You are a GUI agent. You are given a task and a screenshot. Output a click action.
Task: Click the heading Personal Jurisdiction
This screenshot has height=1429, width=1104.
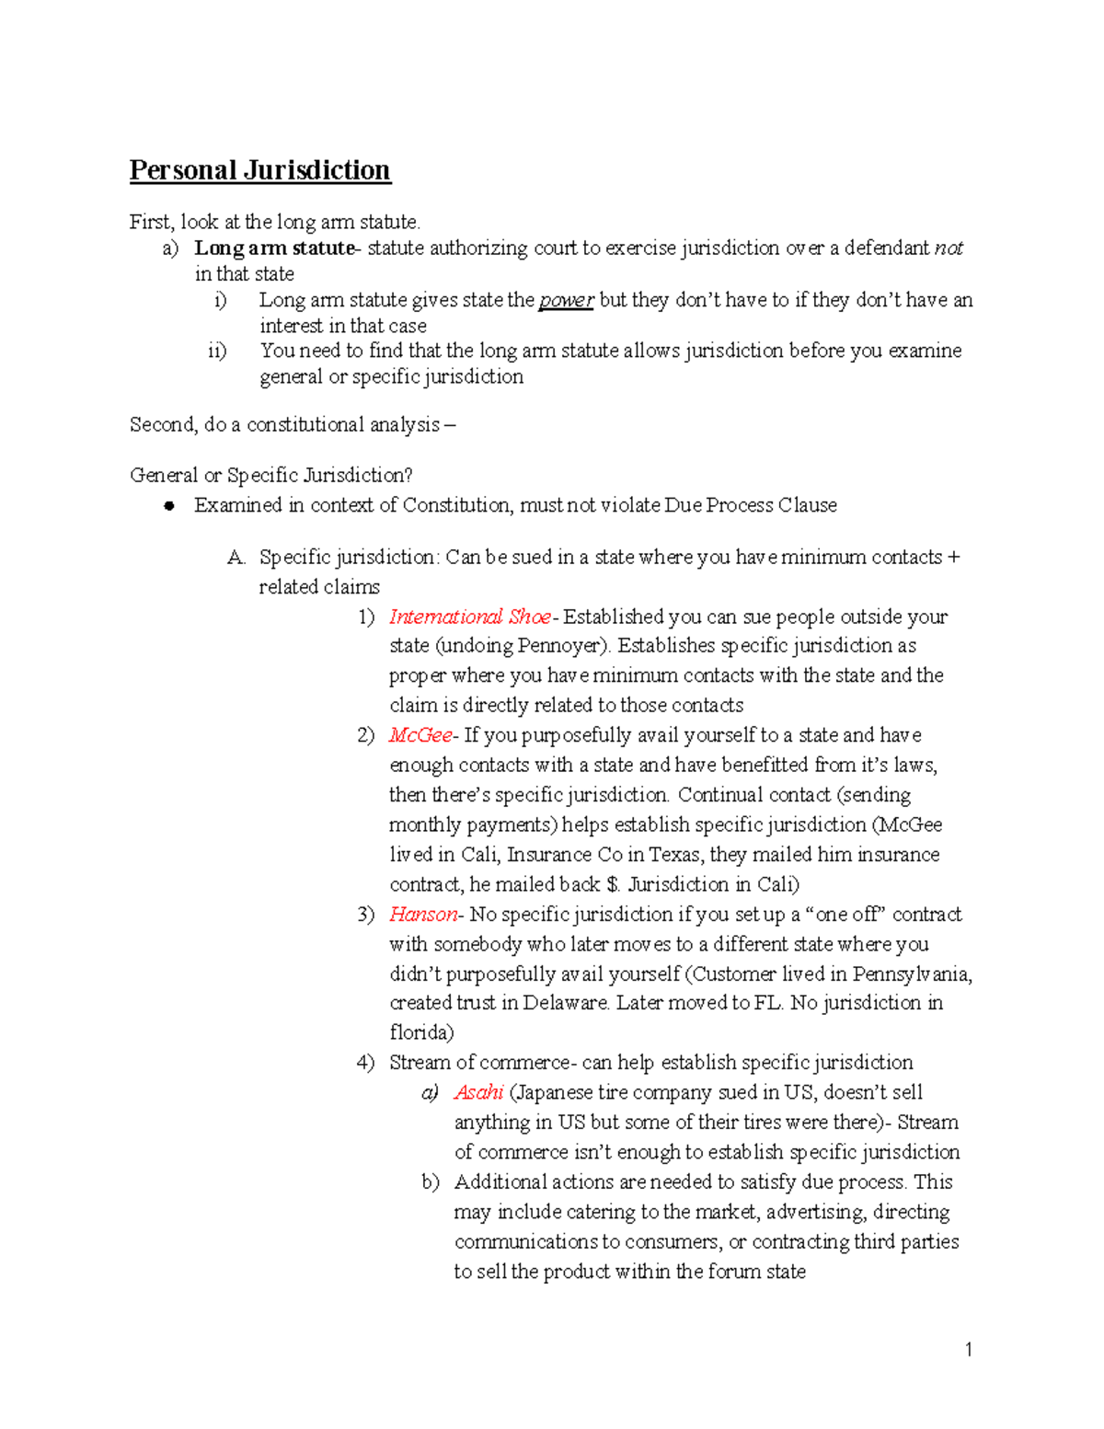[259, 170]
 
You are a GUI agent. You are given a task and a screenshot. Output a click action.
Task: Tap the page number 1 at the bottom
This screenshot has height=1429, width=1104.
[968, 1350]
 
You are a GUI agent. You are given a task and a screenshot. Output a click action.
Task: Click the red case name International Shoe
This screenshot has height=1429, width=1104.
[469, 617]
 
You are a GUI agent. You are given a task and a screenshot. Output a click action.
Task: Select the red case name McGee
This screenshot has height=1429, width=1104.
[420, 735]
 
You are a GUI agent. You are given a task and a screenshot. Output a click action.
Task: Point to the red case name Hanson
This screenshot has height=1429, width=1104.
[423, 914]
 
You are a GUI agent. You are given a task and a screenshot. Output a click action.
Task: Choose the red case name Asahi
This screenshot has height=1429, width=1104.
[478, 1092]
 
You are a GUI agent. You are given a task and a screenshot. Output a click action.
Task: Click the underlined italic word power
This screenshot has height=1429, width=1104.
[566, 300]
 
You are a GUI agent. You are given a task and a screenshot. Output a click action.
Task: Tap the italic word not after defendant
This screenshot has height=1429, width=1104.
[949, 248]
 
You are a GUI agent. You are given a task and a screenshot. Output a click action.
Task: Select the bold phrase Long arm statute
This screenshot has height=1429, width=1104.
[274, 248]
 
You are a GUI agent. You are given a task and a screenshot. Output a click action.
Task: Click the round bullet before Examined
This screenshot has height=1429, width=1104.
[168, 506]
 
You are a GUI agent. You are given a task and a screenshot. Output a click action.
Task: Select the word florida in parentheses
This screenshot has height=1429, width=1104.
[419, 1032]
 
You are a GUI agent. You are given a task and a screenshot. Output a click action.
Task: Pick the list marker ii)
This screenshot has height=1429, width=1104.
[217, 351]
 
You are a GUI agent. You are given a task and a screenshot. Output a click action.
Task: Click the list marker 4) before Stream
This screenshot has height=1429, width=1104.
[365, 1063]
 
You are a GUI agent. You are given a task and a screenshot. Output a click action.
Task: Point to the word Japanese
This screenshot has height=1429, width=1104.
[554, 1092]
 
